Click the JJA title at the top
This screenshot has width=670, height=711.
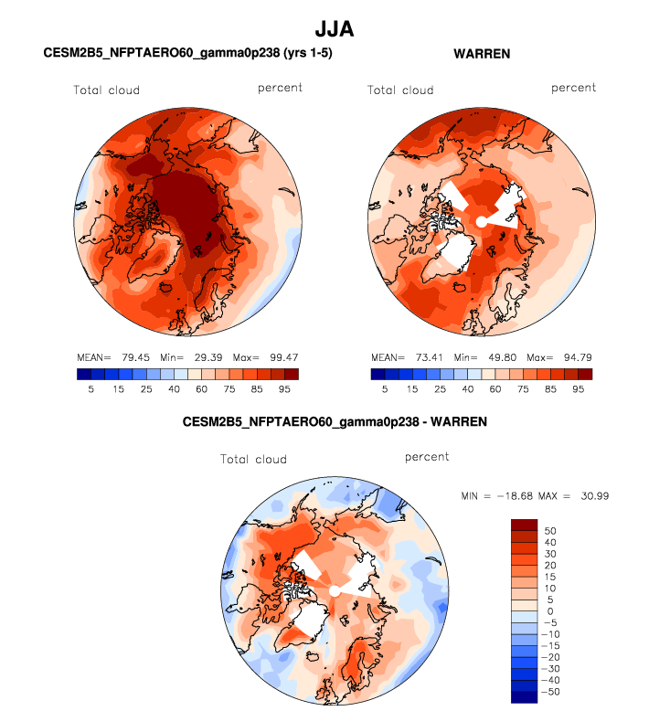334,29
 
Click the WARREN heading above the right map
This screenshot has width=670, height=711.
482,54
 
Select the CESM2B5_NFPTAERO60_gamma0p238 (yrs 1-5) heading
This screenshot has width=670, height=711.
187,54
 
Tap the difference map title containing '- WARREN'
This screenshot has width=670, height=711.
335,422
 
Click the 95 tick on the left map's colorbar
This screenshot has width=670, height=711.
285,389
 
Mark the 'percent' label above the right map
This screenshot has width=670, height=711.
573,88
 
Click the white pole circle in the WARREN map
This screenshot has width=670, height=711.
481,222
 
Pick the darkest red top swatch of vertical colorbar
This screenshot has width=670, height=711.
524,524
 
